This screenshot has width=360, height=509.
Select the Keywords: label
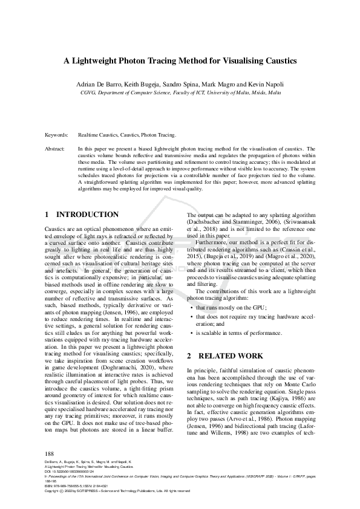click(x=56, y=135)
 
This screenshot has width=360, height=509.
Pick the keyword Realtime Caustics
click(x=99, y=135)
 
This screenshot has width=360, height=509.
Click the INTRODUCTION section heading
click(x=87, y=214)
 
